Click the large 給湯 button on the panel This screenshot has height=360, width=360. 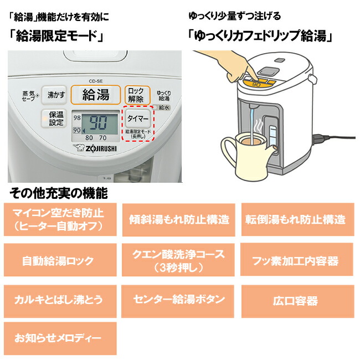[95, 94]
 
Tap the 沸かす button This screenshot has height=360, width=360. [55, 95]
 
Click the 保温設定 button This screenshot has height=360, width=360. [56, 119]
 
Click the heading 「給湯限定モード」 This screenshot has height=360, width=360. [58, 37]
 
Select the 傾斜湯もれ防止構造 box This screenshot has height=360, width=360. [179, 219]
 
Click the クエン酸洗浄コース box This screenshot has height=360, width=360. [179, 261]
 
